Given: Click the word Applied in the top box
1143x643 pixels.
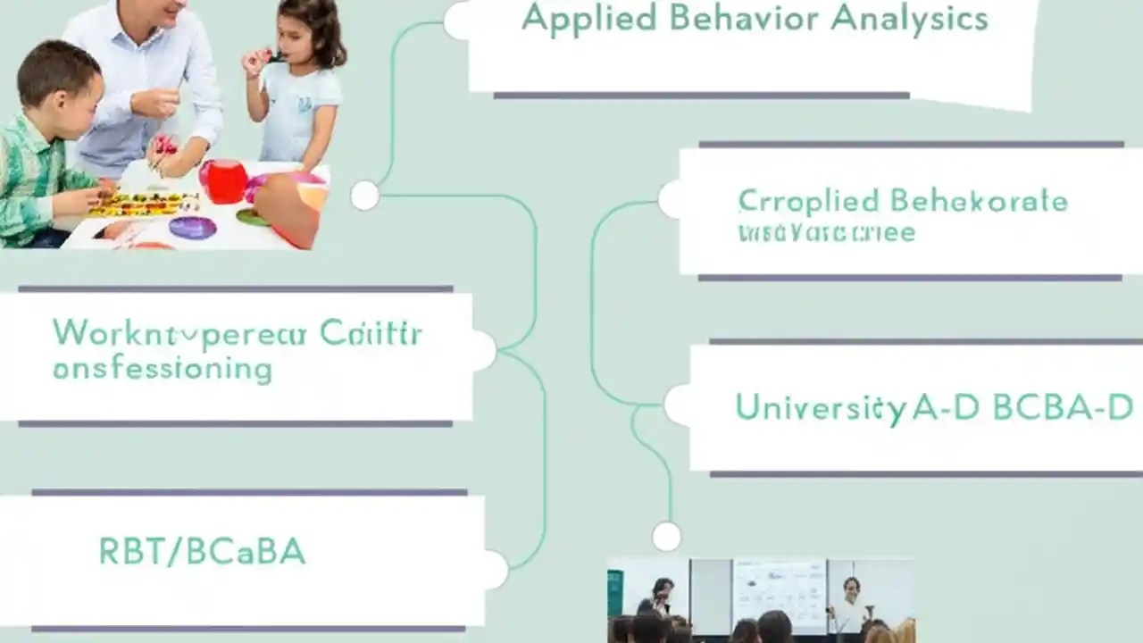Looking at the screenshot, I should click(576, 20).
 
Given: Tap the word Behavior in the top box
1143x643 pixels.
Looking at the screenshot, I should click(727, 18).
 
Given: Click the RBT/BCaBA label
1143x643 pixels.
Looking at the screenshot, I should click(202, 552).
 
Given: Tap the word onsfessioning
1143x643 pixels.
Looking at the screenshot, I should click(162, 368).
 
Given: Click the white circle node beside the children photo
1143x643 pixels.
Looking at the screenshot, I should click(364, 195).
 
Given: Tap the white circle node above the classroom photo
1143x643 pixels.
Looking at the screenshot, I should click(666, 536).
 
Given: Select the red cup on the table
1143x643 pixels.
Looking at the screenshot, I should click(225, 181).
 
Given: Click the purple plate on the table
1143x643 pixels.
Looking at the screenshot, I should click(192, 228).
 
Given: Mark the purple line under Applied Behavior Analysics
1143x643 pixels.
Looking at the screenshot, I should click(701, 95).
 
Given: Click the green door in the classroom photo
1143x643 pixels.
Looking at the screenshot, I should click(615, 593).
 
